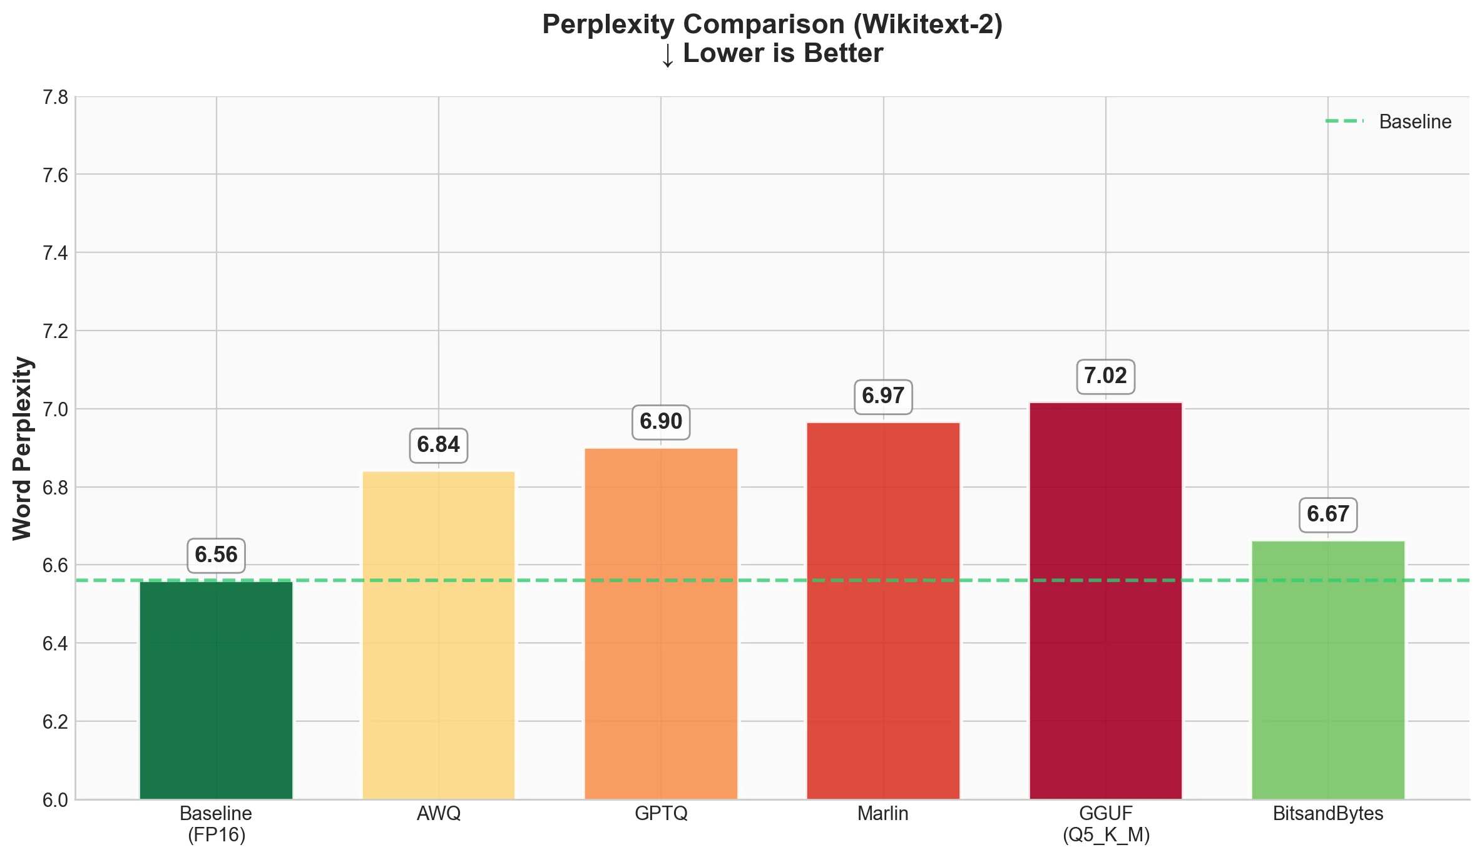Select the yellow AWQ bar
click(x=439, y=635)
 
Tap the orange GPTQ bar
click(x=661, y=624)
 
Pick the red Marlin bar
click(x=883, y=610)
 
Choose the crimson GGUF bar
click(x=1106, y=600)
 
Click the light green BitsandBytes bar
click(x=1328, y=669)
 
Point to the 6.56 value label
click(x=217, y=555)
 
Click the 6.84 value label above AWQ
click(x=439, y=445)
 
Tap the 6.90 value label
click(x=661, y=422)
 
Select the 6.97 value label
click(x=883, y=396)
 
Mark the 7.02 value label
click(x=1106, y=376)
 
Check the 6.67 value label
click(x=1328, y=515)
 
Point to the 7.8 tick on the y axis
click(x=55, y=98)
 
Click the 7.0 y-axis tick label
click(x=55, y=409)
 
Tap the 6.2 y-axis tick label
click(x=55, y=722)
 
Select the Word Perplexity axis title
click(x=23, y=448)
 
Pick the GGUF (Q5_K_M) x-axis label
click(x=1106, y=824)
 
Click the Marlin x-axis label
click(x=883, y=814)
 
